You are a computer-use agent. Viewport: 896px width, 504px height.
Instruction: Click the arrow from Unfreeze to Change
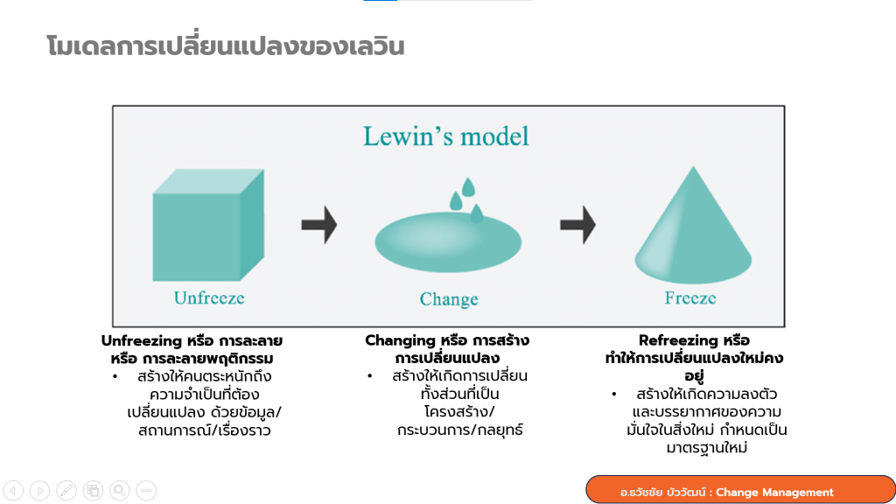pos(318,226)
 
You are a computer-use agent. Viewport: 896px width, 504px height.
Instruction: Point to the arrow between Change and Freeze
pos(577,226)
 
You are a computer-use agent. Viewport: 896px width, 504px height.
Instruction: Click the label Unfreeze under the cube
pos(209,298)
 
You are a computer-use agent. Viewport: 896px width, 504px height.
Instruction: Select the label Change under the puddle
pos(449,300)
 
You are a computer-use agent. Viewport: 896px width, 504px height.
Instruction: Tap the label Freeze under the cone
pos(690,298)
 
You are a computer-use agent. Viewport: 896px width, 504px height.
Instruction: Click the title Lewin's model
pos(446,136)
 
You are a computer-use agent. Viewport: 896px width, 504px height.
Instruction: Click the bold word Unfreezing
pos(143,340)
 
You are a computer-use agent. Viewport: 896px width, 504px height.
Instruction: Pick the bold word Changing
pos(400,340)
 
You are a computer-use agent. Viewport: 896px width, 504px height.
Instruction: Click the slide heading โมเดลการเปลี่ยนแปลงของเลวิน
pos(225,45)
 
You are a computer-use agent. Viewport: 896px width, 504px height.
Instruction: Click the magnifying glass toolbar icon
pos(120,490)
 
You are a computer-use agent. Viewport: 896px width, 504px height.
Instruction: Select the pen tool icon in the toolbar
pos(66,490)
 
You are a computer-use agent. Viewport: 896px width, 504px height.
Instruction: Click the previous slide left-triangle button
pos(14,490)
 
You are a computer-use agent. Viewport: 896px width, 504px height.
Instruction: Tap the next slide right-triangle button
pos(40,490)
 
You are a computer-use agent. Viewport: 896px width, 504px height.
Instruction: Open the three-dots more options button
pos(146,490)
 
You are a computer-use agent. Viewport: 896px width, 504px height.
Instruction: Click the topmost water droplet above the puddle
pos(468,187)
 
